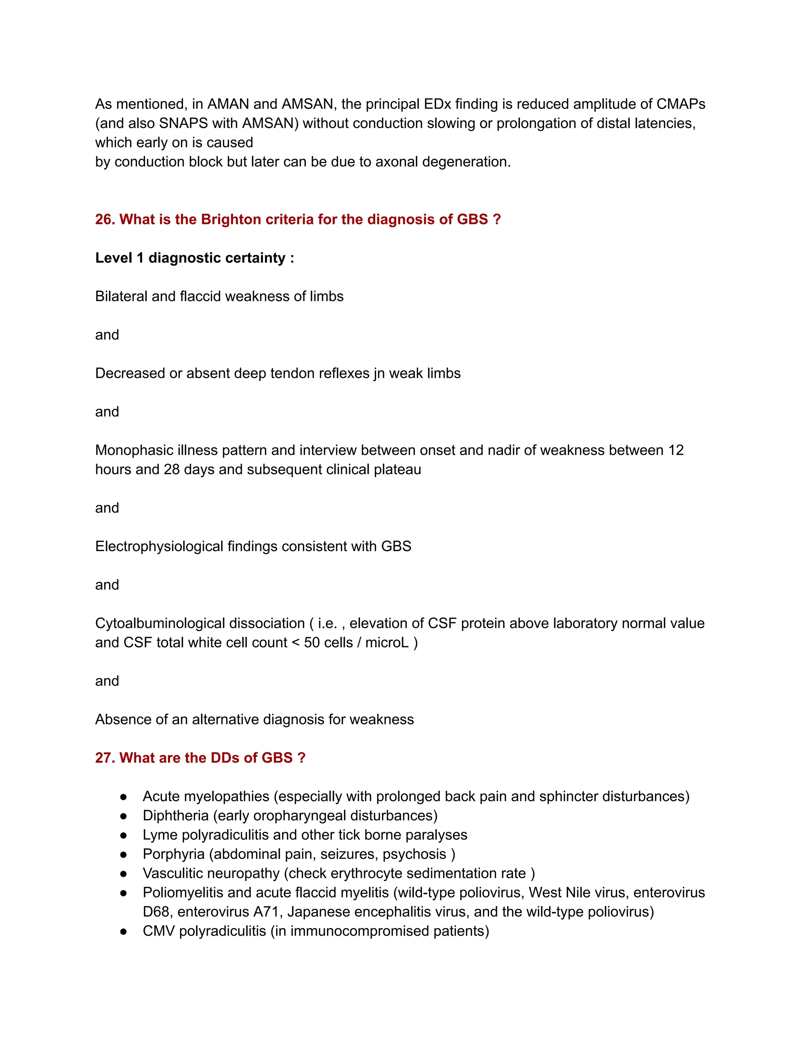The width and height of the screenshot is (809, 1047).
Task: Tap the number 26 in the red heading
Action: [103, 219]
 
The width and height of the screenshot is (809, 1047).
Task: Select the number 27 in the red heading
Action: [103, 757]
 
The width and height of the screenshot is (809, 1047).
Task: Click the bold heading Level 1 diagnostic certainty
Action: [194, 258]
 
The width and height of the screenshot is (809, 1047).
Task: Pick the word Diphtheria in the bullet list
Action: [175, 815]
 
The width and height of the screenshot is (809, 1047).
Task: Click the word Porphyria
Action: [173, 854]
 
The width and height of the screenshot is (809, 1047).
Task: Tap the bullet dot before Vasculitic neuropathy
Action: [124, 874]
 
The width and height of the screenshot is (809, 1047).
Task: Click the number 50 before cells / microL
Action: [312, 642]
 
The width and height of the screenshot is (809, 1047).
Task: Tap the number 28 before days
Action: [171, 469]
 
